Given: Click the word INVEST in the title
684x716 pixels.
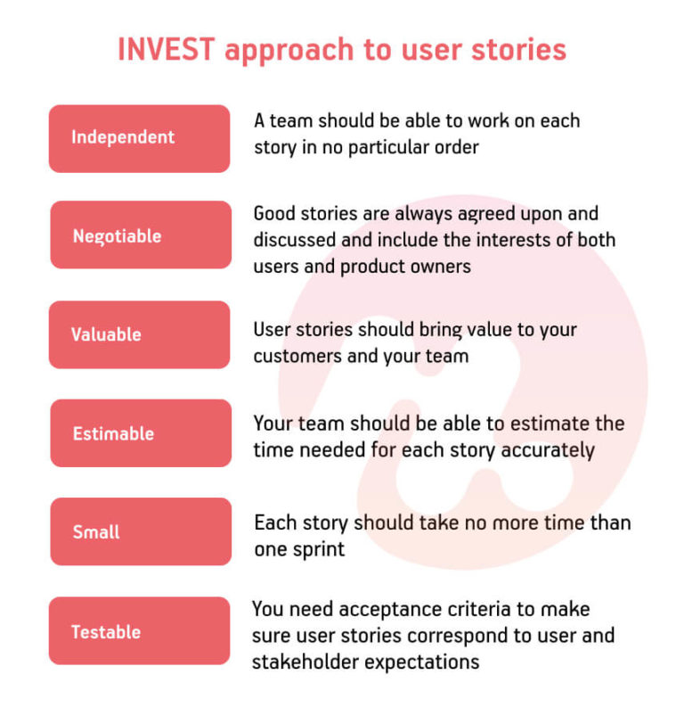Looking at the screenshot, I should [167, 49].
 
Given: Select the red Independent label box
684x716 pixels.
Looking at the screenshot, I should [139, 138].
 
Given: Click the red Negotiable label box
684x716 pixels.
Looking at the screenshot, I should [140, 235].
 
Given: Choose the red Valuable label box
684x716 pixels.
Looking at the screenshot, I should [139, 334].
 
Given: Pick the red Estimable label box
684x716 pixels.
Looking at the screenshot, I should [140, 433].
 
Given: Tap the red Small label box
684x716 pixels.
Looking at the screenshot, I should [140, 532].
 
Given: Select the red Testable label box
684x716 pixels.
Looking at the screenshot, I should [139, 631].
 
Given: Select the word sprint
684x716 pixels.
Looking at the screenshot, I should [318, 549].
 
